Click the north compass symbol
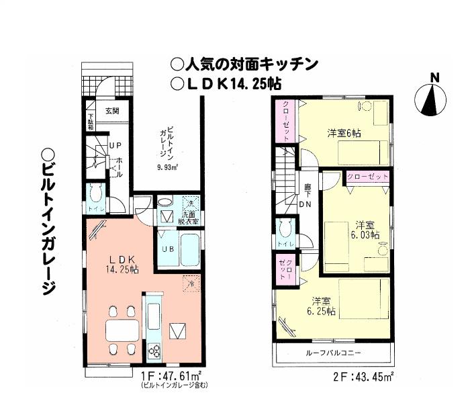click(434, 101)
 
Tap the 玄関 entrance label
click(111, 112)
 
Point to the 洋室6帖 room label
click(344, 133)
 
